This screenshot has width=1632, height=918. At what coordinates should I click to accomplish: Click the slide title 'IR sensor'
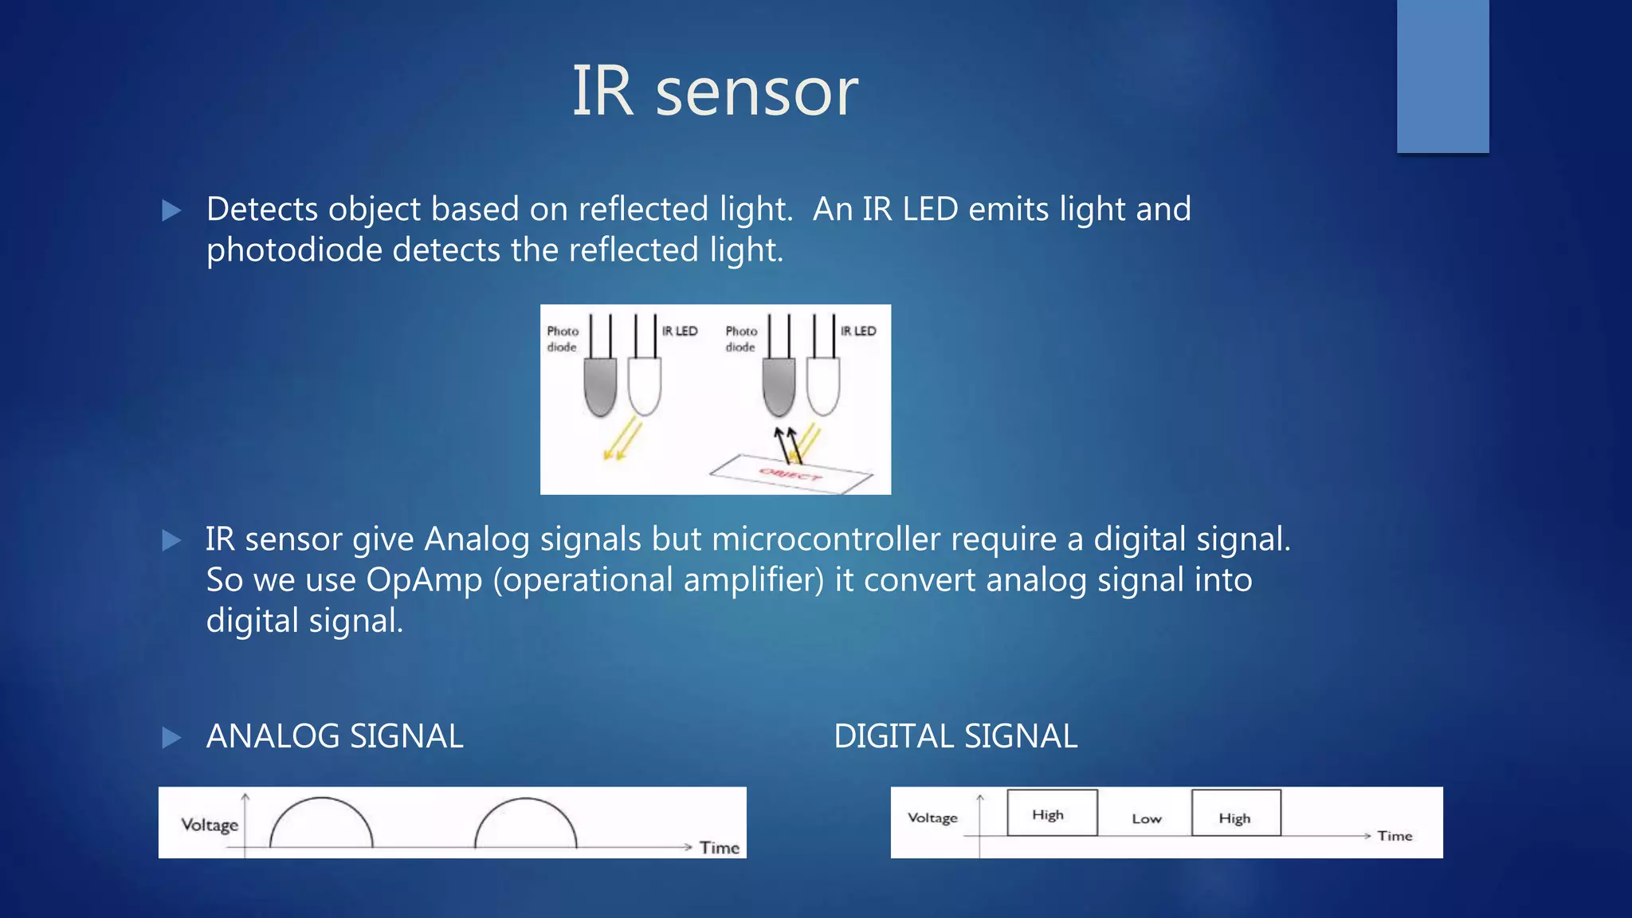pos(715,92)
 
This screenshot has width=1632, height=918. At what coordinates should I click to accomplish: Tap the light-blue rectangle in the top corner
pos(1442,76)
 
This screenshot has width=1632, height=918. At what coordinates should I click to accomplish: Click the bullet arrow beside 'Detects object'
pos(171,210)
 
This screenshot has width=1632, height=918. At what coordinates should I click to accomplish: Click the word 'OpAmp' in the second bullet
pos(424,580)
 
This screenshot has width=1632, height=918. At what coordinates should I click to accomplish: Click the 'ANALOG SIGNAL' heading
pos(335,736)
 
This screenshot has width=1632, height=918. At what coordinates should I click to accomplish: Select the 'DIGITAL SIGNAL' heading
pos(955,736)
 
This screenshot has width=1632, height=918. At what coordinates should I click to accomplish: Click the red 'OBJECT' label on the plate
pos(790,476)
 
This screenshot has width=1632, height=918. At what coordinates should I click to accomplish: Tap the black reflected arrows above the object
pos(787,445)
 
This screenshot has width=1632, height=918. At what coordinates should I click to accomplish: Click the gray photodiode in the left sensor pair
pos(600,386)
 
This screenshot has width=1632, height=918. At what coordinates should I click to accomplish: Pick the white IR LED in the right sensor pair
pos(823,386)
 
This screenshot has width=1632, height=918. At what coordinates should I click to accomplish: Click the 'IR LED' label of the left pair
pos(680,331)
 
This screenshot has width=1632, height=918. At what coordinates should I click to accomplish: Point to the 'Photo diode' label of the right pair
pos(741,339)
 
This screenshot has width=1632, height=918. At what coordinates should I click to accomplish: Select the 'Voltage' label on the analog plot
pos(210,825)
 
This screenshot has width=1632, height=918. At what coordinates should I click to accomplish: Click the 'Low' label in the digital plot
pos(1147,818)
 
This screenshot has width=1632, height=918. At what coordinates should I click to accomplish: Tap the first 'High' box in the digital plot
pos(1052,813)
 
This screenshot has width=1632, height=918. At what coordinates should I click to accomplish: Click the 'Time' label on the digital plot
pos(1395,836)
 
